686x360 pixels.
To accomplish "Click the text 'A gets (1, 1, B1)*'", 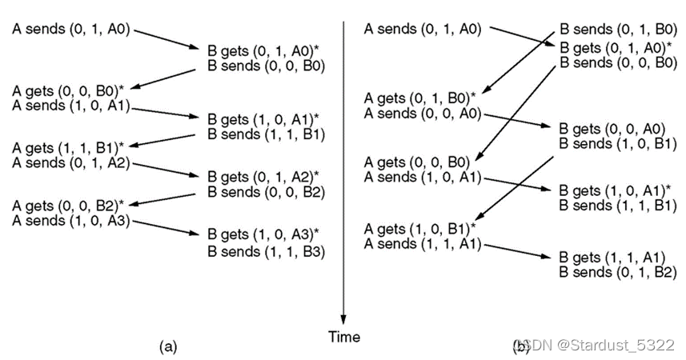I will pyautogui.click(x=68, y=148).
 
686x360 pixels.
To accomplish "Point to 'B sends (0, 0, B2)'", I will pyautogui.click(x=264, y=191).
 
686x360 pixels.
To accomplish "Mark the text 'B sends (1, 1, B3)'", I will pyautogui.click(x=264, y=251).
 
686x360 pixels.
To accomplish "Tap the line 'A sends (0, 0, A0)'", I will pyautogui.click(x=423, y=114).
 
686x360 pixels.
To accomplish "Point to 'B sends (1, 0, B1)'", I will pyautogui.click(x=616, y=144).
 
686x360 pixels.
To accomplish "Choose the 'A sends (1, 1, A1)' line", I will pyautogui.click(x=423, y=244).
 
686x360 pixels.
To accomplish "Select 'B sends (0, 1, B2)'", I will pyautogui.click(x=616, y=273).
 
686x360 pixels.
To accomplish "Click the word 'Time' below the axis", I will pyautogui.click(x=344, y=337).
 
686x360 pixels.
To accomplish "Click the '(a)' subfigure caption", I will pyautogui.click(x=167, y=346).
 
